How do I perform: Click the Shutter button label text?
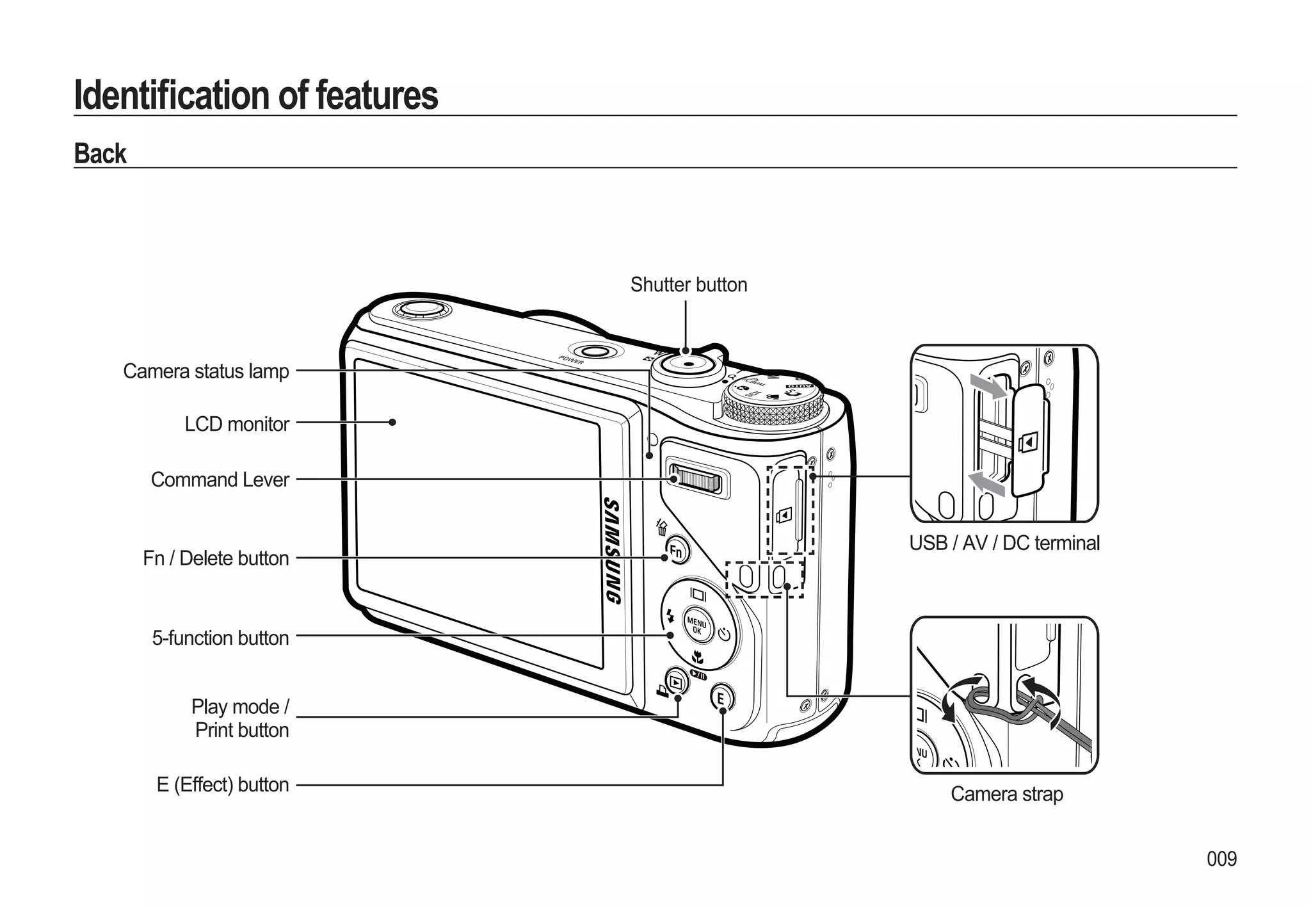(x=688, y=285)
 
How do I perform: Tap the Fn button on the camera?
(x=677, y=551)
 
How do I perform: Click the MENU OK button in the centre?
(x=697, y=624)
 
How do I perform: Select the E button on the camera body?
(x=722, y=697)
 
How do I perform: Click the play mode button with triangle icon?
(x=677, y=681)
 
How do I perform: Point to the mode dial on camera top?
(x=773, y=400)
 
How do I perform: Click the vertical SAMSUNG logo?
(x=613, y=551)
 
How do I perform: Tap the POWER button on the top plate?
(x=595, y=352)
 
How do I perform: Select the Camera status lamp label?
(x=205, y=371)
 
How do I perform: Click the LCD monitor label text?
(x=237, y=425)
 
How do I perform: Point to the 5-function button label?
(x=220, y=638)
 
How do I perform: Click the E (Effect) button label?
(x=223, y=785)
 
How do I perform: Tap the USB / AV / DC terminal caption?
(x=1004, y=544)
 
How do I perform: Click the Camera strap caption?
(x=1006, y=795)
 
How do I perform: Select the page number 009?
(x=1221, y=859)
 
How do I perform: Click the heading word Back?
(x=100, y=154)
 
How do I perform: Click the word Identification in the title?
(x=173, y=95)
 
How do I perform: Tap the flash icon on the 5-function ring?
(x=670, y=615)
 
